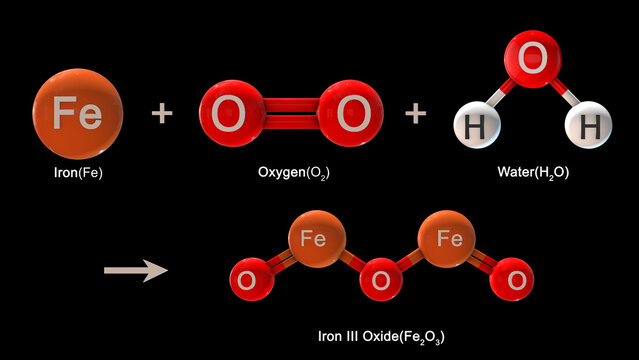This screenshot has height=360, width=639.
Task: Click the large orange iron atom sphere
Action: (x=78, y=113)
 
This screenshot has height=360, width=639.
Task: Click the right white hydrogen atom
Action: (x=587, y=126)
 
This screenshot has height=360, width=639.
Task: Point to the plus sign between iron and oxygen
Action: (x=162, y=114)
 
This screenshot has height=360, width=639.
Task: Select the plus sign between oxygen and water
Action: (x=415, y=114)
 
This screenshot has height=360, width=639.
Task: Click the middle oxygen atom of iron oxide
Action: (x=381, y=281)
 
